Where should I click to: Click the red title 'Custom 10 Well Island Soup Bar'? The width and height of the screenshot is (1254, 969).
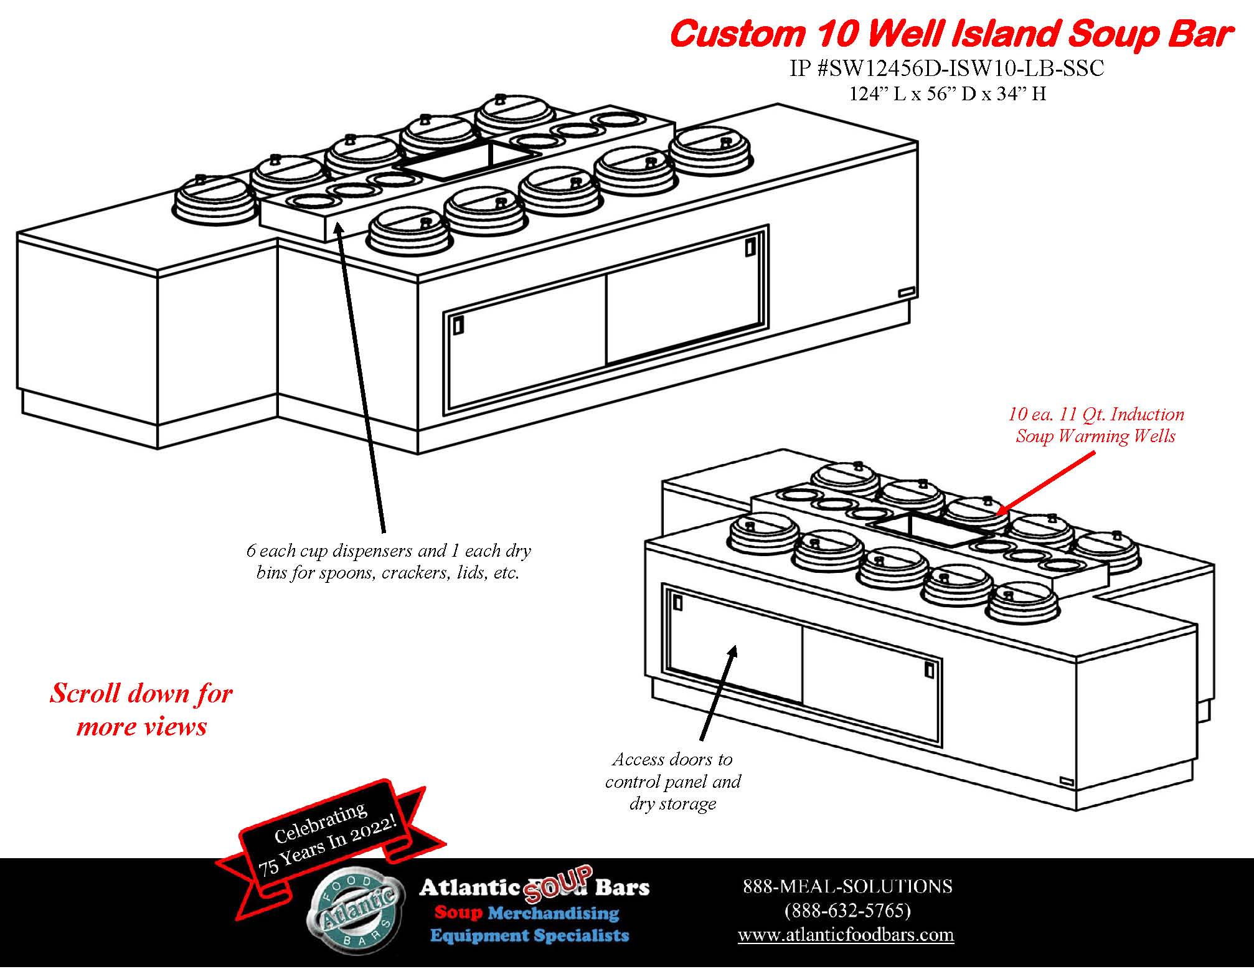point(950,34)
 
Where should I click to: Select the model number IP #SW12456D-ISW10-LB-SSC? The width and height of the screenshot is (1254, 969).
point(946,68)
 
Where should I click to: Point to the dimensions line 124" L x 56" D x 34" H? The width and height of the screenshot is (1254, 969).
point(947,93)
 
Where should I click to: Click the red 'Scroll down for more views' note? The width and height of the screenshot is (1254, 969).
point(141,710)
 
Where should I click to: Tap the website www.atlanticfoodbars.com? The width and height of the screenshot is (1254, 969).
point(846,935)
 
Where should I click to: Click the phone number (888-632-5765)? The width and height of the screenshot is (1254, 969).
point(847,910)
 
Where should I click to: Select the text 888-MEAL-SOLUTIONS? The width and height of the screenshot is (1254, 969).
point(847,886)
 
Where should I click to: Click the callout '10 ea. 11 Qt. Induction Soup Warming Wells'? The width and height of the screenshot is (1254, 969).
point(1095,425)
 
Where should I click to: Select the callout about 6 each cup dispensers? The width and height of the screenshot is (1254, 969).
point(388,562)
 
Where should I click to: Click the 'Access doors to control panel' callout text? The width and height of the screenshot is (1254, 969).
point(673,781)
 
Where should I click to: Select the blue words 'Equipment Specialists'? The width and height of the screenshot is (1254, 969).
point(529,935)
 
